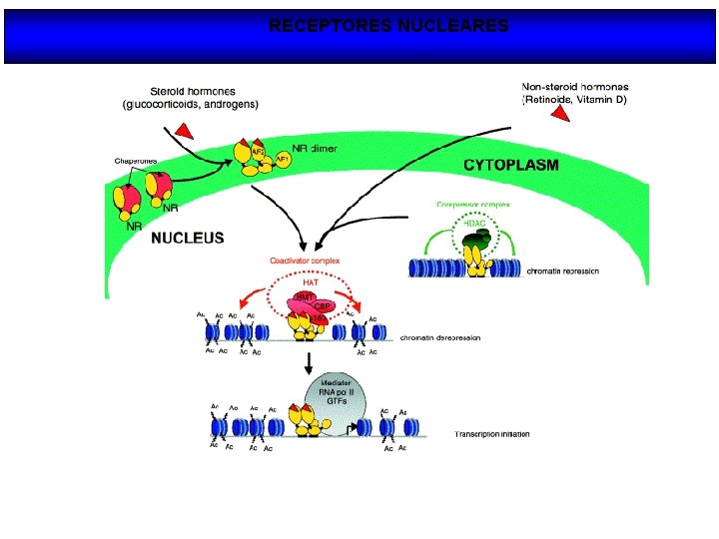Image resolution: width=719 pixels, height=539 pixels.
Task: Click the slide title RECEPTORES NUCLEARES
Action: pos(388,26)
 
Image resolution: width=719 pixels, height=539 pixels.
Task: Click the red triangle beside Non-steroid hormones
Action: pos(560,116)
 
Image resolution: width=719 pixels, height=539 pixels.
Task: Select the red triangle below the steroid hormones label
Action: pos(182,128)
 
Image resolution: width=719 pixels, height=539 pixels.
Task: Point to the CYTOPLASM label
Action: pos(510,165)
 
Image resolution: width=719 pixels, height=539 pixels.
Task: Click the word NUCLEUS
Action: pos(187,239)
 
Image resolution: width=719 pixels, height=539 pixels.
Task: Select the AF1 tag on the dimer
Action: pos(283,159)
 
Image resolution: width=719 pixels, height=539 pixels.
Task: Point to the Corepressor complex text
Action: pos(473,204)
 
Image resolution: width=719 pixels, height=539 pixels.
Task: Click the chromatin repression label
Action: pos(570,269)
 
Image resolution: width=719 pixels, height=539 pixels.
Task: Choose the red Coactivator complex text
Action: pos(305,261)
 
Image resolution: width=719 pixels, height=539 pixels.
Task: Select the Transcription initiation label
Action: pos(492,434)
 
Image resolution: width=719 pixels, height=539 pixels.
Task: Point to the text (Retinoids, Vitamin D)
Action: pos(574,100)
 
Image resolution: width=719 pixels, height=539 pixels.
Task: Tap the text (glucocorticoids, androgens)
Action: pos(191,104)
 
